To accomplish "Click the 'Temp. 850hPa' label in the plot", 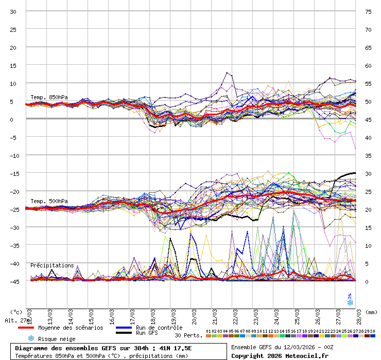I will point(49,97).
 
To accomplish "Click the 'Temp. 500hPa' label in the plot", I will point(49,201).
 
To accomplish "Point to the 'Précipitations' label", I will point(52,265).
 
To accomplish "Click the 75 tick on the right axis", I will point(368,11).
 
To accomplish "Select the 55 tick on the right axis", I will point(368,83).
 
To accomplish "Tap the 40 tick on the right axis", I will point(368,137).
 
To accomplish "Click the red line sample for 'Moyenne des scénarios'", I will point(26,328).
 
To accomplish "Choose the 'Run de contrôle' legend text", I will point(159,328).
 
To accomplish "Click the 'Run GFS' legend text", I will point(148,333).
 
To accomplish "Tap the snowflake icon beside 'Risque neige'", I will point(30,338).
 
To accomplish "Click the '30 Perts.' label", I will point(188,335).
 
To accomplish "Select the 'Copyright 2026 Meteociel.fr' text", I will point(280,355).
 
